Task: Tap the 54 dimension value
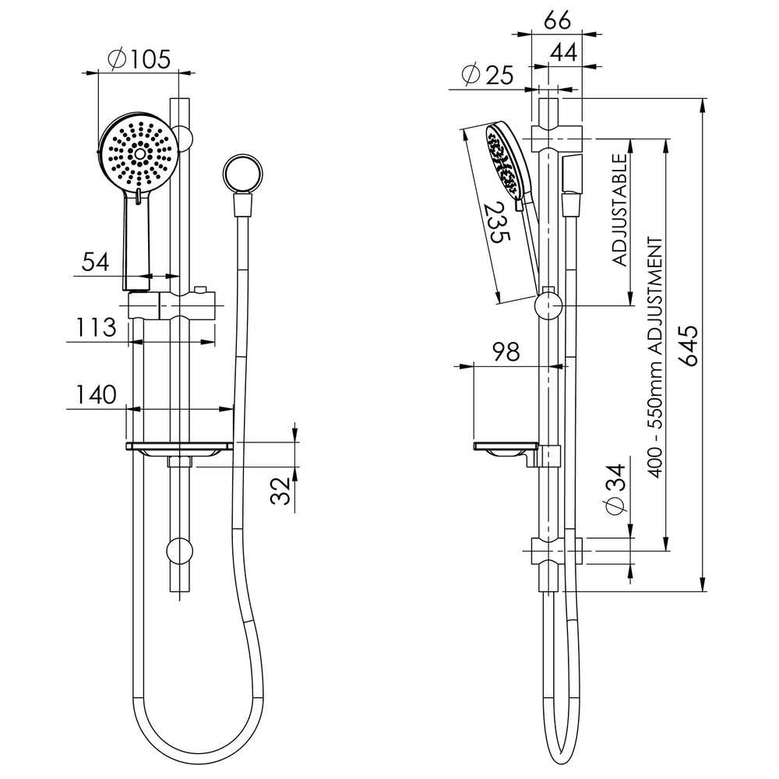95,262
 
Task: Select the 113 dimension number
96,327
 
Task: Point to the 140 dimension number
96,394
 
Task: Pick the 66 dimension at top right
558,21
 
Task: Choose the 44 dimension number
564,51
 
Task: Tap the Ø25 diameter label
487,75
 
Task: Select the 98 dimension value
506,352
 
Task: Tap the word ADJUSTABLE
619,210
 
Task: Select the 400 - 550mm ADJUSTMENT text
656,358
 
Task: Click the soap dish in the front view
179,448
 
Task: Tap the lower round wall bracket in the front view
179,552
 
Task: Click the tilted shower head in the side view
508,163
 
